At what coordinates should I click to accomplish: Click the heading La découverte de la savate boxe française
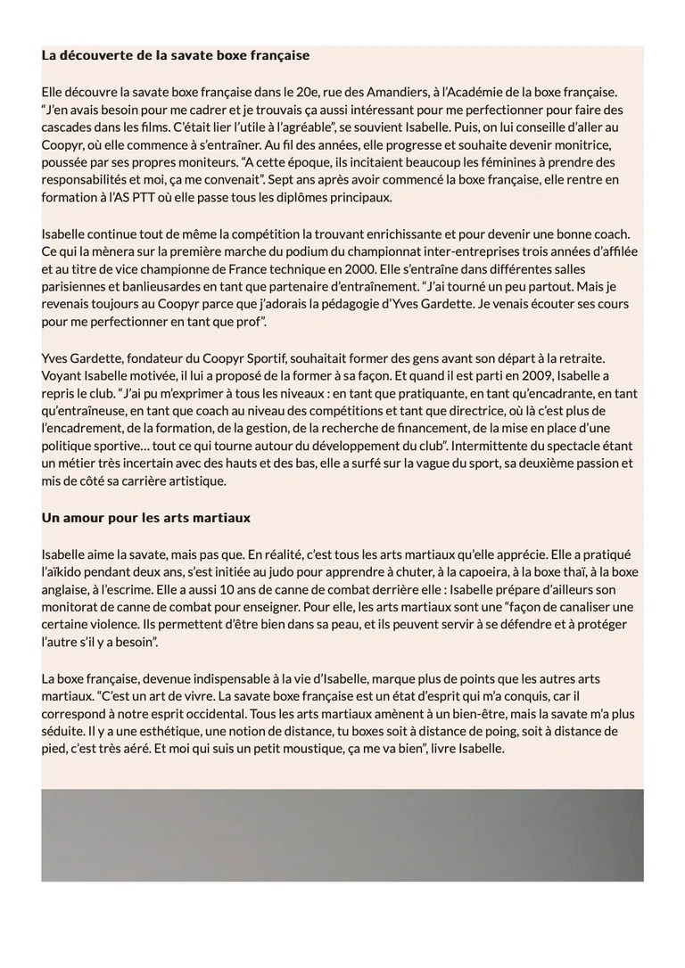pyautogui.click(x=175, y=55)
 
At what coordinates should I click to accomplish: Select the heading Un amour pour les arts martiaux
pyautogui.click(x=145, y=518)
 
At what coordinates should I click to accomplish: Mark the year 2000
pyautogui.click(x=325, y=268)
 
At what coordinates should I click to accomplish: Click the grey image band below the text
pyautogui.click(x=342, y=835)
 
